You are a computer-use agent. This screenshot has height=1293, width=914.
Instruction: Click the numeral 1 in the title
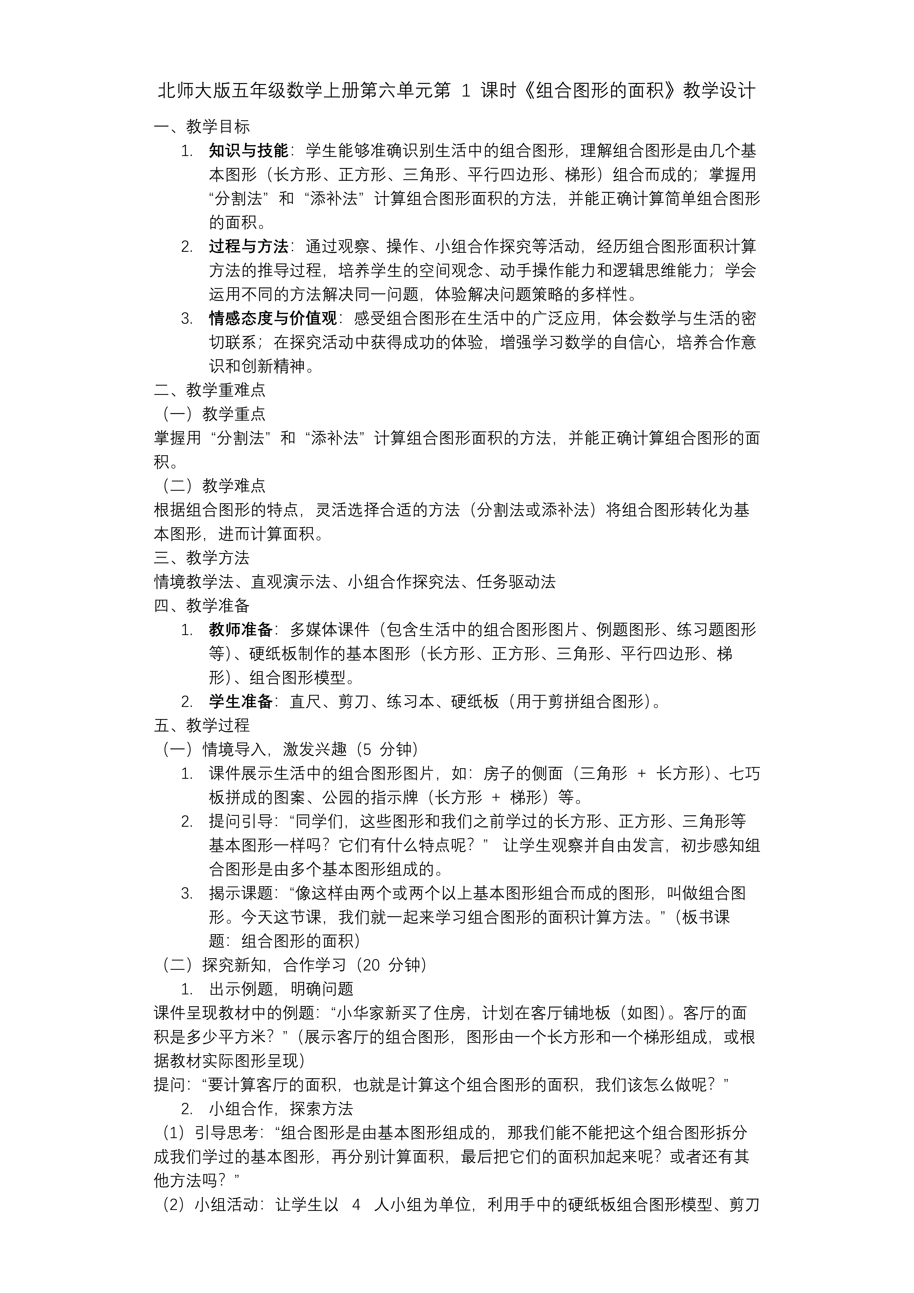pos(465,91)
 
